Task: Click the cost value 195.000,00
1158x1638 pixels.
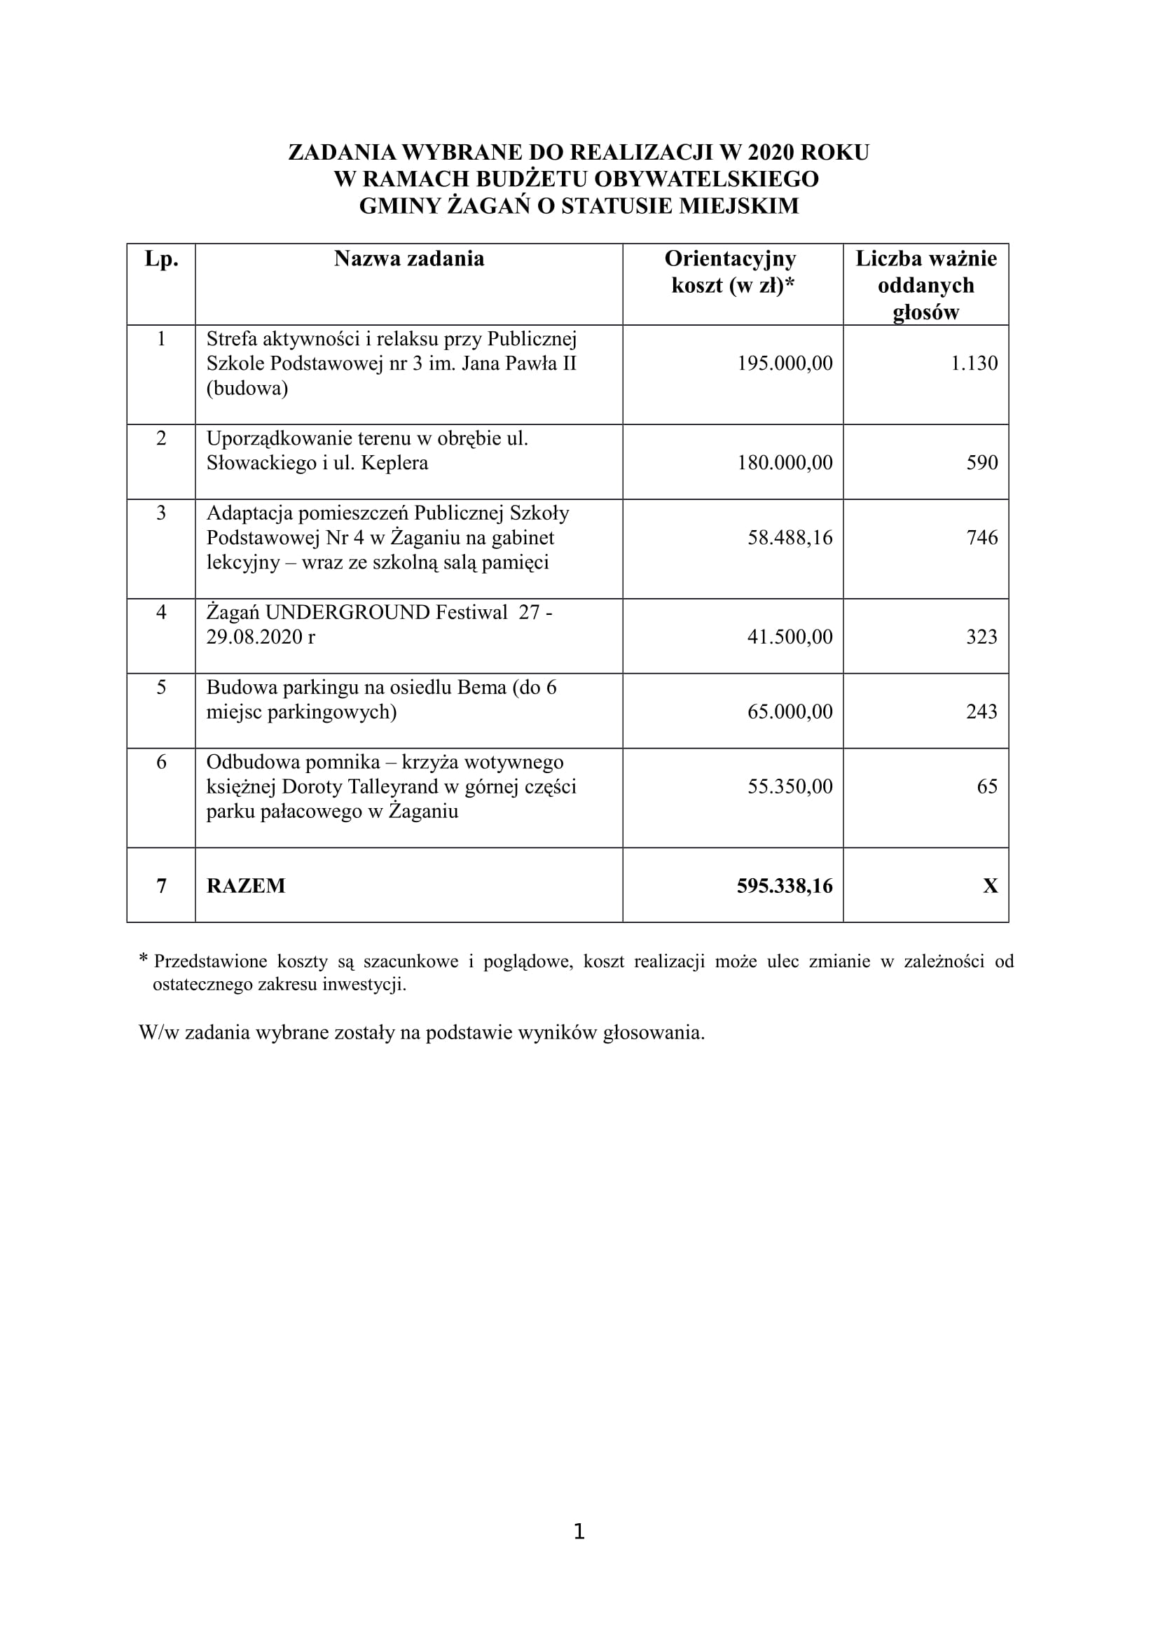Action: coord(785,363)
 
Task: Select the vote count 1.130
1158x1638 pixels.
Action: coord(974,363)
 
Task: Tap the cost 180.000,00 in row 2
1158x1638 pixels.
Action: coord(785,463)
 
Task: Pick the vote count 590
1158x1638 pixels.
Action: coord(981,463)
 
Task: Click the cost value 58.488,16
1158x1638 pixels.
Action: coord(790,537)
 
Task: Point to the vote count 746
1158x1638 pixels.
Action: coord(981,537)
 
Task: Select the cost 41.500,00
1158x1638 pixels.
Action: coord(790,637)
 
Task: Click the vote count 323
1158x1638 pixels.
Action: coord(981,637)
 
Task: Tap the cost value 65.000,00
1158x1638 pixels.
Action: coord(790,712)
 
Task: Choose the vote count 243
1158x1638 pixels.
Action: coord(981,712)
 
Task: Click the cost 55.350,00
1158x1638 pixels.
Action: coord(790,786)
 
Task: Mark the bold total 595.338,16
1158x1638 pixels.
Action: coord(785,886)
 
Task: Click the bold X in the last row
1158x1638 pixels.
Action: coord(991,886)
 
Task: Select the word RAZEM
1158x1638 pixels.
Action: coord(245,886)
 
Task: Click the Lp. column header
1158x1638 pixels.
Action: coord(161,259)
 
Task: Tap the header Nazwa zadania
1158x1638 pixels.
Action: coord(409,259)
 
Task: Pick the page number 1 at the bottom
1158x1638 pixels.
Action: coord(579,1532)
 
